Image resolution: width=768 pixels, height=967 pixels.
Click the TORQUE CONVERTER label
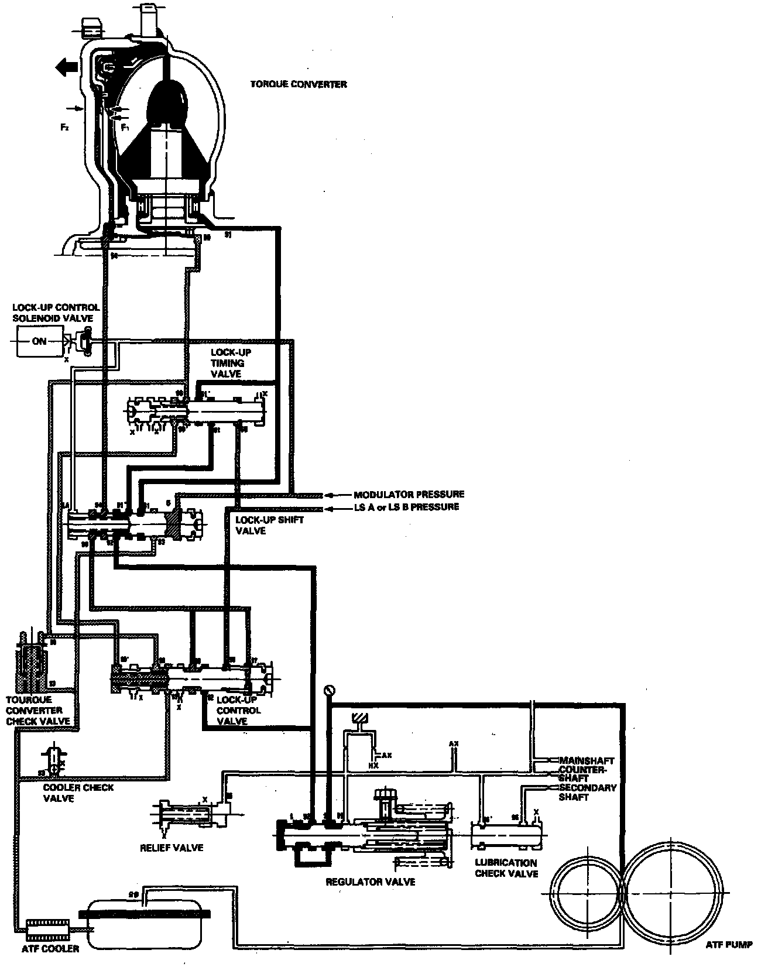[299, 84]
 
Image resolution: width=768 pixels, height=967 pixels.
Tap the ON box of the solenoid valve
[39, 341]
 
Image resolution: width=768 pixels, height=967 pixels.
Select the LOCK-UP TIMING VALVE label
[228, 363]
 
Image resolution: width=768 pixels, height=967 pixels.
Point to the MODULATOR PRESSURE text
[409, 495]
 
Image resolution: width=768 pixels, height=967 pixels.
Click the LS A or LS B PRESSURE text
[406, 507]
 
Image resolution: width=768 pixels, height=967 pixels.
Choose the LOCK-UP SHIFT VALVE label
[261, 525]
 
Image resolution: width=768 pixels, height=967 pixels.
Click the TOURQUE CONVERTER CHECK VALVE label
[37, 710]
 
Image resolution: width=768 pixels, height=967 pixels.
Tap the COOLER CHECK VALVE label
[78, 793]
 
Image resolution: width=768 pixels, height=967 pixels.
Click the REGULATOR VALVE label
[370, 882]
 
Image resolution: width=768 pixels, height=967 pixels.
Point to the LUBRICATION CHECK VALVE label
[506, 868]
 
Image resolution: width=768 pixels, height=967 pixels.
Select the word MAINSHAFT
[586, 760]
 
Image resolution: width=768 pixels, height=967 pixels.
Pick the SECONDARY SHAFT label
[587, 792]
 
